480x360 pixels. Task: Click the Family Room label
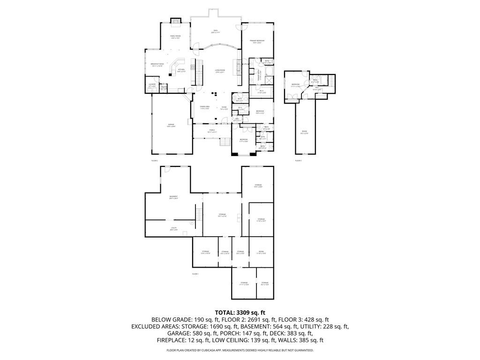[x=175, y=37]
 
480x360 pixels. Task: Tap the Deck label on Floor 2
[x=216, y=31]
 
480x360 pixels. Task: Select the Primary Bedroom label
[x=257, y=42]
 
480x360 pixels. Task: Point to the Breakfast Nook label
[x=157, y=65]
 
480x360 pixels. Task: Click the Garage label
[x=171, y=125]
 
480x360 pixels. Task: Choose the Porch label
[x=212, y=131]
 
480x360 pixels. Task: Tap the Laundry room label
[x=152, y=85]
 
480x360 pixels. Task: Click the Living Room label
[x=220, y=71]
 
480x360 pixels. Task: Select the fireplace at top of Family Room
[x=175, y=20]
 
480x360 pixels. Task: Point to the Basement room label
[x=173, y=197]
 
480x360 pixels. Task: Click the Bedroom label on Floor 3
[x=295, y=85]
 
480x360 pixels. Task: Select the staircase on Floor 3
[x=332, y=81]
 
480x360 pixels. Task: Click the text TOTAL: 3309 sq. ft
[x=240, y=312]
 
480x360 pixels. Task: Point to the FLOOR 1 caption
[x=195, y=274]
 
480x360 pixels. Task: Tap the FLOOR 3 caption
[x=298, y=160]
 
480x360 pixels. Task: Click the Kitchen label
[x=181, y=70]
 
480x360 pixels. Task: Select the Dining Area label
[x=204, y=107]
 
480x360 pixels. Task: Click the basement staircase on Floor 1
[x=199, y=215]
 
